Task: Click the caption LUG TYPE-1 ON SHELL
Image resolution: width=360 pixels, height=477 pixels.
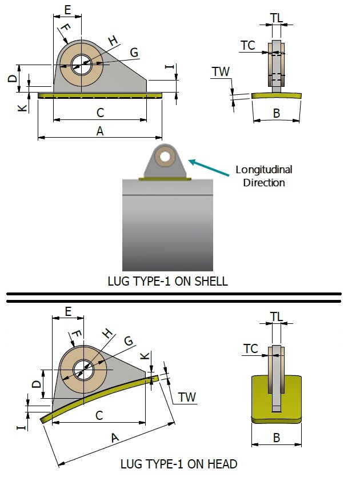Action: point(167,281)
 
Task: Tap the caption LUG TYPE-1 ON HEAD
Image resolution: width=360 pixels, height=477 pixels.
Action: point(179,463)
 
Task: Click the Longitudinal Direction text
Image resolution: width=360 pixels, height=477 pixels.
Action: point(263,176)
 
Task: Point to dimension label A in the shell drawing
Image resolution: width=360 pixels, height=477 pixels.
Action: point(100,131)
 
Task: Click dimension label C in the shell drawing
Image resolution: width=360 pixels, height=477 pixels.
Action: point(100,113)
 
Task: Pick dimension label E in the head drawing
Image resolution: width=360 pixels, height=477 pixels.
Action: point(68,311)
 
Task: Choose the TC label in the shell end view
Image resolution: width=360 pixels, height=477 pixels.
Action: point(247,45)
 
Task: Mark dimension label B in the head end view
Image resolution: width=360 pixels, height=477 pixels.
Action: point(277,438)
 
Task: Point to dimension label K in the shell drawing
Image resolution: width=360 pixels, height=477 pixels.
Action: point(22,107)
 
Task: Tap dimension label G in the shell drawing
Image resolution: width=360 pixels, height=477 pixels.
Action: point(134,53)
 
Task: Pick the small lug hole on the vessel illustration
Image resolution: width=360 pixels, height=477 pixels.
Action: point(165,156)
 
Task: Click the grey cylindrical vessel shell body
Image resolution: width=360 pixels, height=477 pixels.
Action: point(167,229)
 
